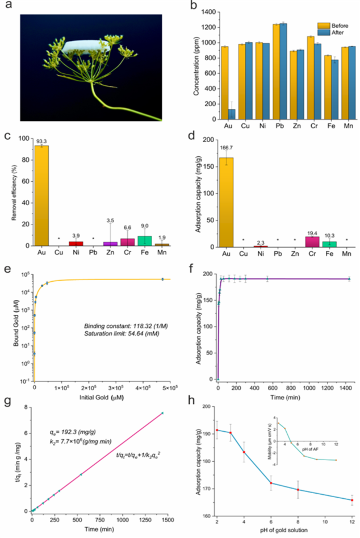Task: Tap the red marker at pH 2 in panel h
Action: (216, 430)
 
